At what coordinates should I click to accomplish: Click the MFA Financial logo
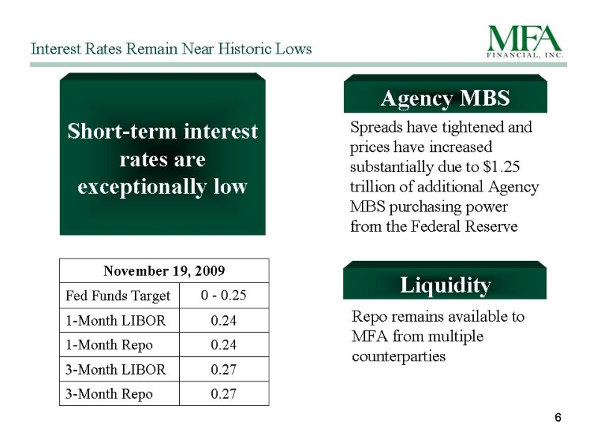point(525,41)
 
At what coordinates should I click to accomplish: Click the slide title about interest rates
point(172,48)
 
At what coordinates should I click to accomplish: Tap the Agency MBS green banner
point(445,94)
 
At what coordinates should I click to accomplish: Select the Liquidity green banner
point(445,281)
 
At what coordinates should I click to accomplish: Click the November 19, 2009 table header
point(164,270)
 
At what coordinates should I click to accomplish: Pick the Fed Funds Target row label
point(118,296)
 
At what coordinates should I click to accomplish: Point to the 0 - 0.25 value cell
point(223,295)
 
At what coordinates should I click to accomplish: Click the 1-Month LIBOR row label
point(116,320)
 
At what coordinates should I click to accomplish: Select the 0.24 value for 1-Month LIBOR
point(223,320)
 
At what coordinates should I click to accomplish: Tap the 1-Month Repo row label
point(109,345)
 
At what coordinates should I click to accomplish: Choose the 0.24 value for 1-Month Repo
point(223,345)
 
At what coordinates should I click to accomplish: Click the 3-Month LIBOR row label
point(116,370)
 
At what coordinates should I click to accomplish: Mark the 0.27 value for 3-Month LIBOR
point(223,370)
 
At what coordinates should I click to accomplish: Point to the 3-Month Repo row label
point(109,394)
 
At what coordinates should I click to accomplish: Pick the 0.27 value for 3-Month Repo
point(223,394)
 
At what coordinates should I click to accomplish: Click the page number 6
point(557,417)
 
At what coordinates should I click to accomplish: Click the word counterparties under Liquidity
point(398,357)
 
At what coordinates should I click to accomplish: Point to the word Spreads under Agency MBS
point(376,127)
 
